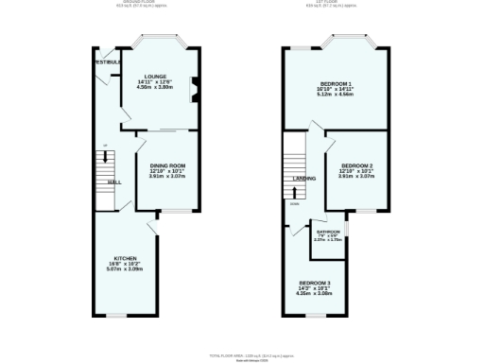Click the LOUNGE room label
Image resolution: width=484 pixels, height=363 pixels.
pos(156,77)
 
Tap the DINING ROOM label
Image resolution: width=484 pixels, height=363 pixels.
pos(166,165)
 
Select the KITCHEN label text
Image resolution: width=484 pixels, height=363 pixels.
pos(126,258)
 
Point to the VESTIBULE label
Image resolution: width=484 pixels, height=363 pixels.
pos(106,62)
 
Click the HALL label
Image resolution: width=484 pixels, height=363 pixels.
pos(113,181)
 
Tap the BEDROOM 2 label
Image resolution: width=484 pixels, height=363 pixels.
pos(356,165)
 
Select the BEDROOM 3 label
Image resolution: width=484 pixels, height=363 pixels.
pos(315,283)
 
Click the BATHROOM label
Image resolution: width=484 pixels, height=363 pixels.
pos(328,232)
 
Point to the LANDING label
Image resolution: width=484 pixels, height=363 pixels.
pos(303,178)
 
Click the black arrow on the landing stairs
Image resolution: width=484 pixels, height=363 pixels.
pos(293,191)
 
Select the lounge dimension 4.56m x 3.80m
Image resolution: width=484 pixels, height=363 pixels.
pos(156,88)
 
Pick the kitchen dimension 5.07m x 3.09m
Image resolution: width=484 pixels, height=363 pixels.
pos(126,269)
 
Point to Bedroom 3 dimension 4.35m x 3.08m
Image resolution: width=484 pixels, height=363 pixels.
pos(315,294)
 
